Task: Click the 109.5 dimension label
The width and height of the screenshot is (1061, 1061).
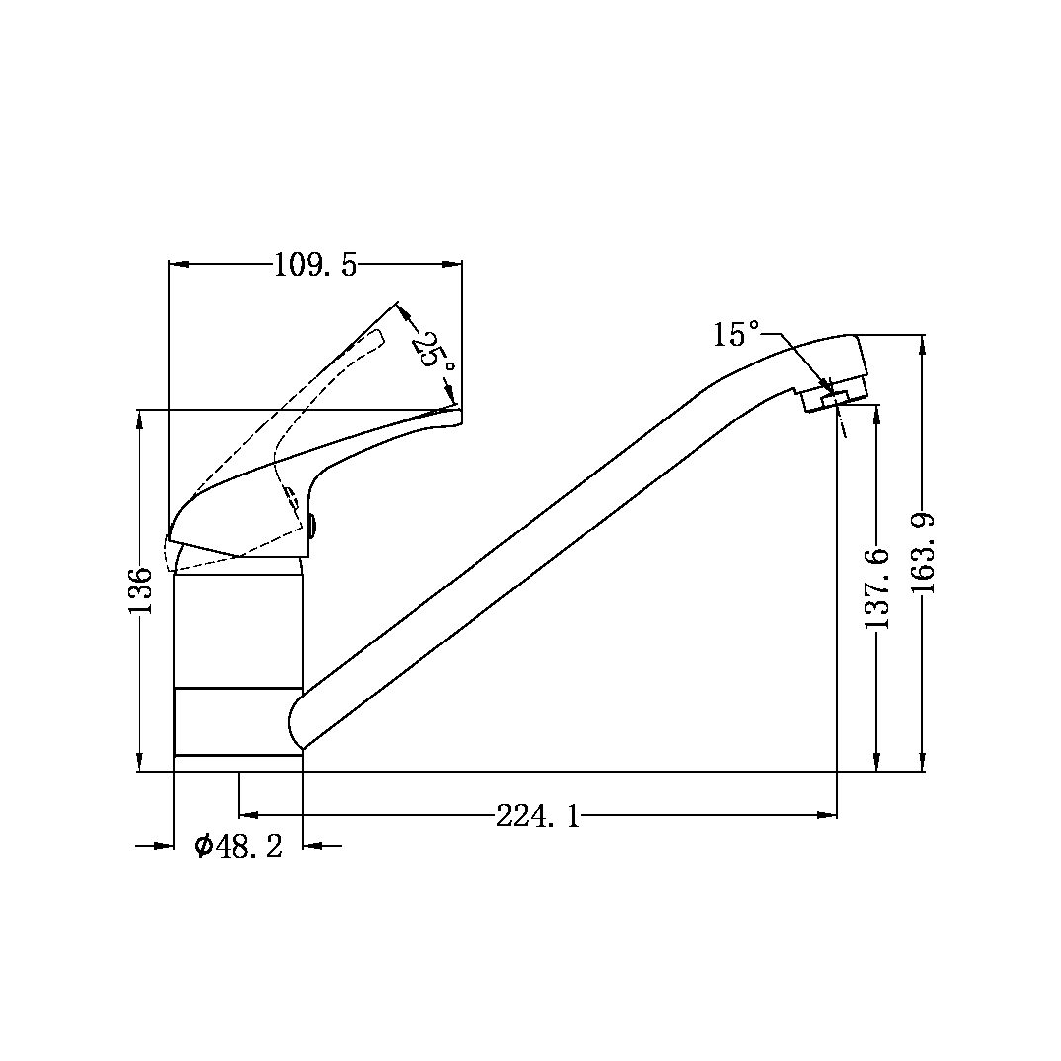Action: coord(314,265)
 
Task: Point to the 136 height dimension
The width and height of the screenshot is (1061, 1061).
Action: coord(140,591)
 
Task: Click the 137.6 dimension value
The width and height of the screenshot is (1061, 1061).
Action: coord(877,588)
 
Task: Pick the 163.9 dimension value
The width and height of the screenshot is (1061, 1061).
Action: coord(922,553)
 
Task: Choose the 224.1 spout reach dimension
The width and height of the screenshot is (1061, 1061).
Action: coord(538,816)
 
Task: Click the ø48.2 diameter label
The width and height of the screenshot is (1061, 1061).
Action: coord(238,846)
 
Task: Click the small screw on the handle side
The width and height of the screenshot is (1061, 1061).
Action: coord(312,526)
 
